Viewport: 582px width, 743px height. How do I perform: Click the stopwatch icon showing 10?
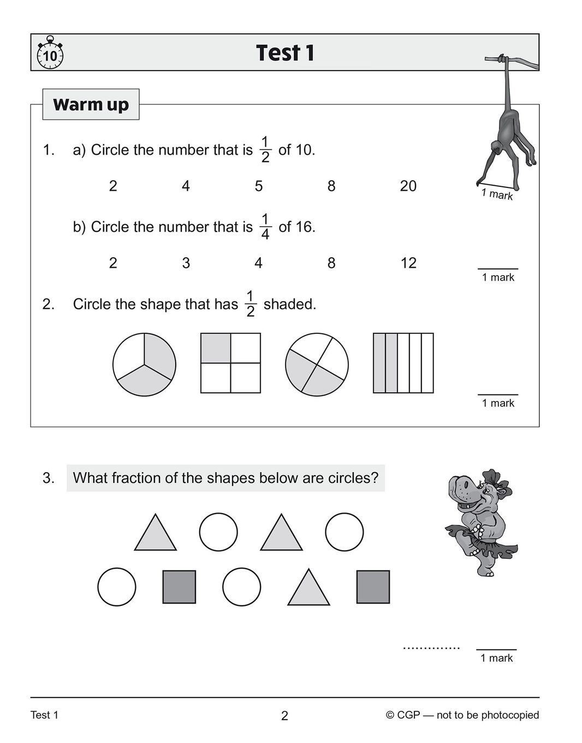click(x=50, y=54)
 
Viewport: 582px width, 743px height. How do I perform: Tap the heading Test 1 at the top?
click(x=285, y=53)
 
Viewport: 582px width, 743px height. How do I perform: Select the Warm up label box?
click(x=91, y=104)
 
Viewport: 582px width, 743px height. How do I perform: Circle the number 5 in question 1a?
click(x=259, y=186)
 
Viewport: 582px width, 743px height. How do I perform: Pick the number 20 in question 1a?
click(x=408, y=186)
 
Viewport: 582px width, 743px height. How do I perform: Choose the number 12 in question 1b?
click(x=408, y=263)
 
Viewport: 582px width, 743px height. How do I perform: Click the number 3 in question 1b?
click(x=186, y=263)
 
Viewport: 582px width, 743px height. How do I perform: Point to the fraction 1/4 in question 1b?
click(x=265, y=227)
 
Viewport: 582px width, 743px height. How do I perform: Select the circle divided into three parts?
click(x=144, y=364)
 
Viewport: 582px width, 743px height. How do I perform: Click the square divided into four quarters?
click(x=230, y=363)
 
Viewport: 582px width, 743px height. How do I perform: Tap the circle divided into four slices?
click(x=317, y=364)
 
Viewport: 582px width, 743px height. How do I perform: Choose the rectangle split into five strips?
click(x=403, y=363)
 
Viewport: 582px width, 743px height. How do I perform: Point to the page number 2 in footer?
click(x=284, y=716)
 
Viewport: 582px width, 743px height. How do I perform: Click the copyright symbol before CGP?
click(x=390, y=715)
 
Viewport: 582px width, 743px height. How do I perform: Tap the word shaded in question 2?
click(x=289, y=304)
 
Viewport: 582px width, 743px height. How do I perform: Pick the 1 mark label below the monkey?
click(x=497, y=194)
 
